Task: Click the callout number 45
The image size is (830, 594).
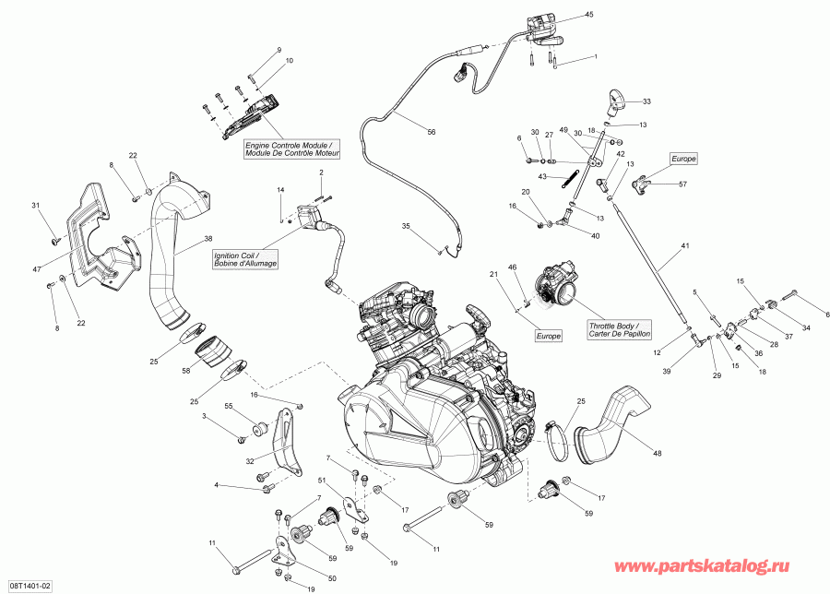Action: [589, 16]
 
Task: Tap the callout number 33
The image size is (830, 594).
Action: [646, 101]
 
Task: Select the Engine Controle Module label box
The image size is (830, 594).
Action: [291, 148]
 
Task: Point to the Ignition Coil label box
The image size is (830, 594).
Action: [244, 260]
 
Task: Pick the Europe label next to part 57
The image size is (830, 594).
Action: [683, 159]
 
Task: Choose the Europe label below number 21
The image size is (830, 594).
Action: [548, 337]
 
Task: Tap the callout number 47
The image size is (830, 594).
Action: [37, 268]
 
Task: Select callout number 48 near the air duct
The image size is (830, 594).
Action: [658, 452]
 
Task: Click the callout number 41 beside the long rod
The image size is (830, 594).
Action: [684, 246]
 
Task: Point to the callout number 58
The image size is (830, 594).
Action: [185, 369]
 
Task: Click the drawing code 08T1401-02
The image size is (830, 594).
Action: [30, 586]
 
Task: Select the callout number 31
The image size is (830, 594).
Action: [37, 205]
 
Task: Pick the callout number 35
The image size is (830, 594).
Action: [405, 226]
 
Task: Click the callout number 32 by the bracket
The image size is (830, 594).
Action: [250, 460]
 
